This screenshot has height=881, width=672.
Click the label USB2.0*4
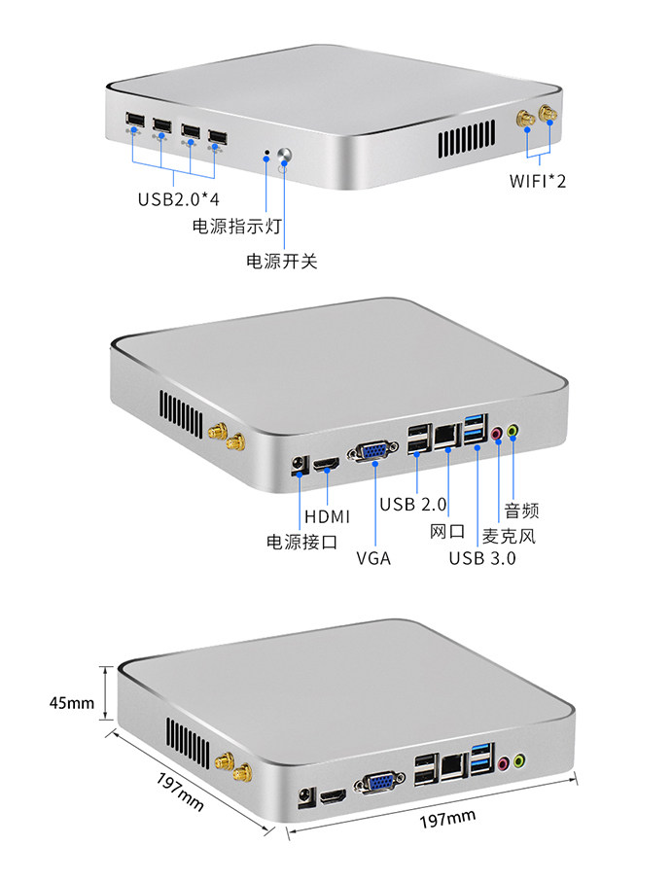(178, 199)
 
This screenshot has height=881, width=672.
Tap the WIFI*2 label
(538, 181)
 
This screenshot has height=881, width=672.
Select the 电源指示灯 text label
(236, 226)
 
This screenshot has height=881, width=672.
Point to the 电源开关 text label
(281, 261)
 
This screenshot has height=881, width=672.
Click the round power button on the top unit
(286, 155)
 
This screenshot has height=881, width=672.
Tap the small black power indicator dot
(266, 152)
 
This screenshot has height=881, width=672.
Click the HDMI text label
(327, 516)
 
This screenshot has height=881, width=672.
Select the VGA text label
(373, 558)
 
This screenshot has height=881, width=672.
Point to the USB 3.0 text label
(482, 558)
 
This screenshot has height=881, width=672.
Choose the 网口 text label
(447, 531)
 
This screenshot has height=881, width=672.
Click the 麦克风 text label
(509, 536)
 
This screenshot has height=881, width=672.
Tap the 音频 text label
(521, 511)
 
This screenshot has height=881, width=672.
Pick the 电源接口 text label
(301, 542)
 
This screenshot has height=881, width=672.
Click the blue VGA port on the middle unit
(373, 452)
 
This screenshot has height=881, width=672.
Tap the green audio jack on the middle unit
(513, 431)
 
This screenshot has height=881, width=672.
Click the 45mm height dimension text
(71, 703)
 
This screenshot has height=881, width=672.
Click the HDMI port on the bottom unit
(334, 795)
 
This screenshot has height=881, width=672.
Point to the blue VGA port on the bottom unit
(379, 782)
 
